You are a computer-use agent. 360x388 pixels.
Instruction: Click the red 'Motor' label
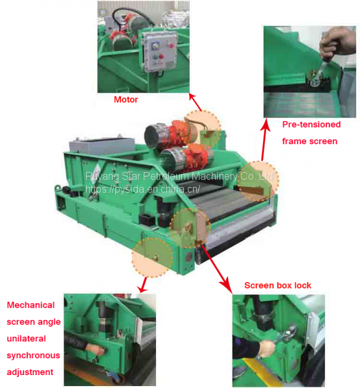(x=126, y=100)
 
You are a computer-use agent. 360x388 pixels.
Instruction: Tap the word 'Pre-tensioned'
(x=311, y=124)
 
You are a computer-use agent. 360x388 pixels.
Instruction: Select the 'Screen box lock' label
(x=278, y=285)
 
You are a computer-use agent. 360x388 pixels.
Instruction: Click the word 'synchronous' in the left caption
(x=33, y=355)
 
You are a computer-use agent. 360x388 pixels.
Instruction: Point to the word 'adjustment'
(x=30, y=372)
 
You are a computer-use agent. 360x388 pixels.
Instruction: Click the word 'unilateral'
(x=27, y=338)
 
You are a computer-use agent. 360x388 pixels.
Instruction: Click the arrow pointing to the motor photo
(x=196, y=102)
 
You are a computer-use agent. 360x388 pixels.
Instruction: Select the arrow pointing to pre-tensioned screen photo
(x=265, y=139)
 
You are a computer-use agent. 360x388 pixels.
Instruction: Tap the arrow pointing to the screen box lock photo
(x=217, y=269)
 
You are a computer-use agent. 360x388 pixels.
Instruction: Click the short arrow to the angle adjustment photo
(x=143, y=285)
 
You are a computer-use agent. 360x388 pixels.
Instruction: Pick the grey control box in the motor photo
(x=159, y=52)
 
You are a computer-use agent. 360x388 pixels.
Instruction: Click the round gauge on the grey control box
(x=156, y=45)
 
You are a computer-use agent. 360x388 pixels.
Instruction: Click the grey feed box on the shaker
(x=102, y=146)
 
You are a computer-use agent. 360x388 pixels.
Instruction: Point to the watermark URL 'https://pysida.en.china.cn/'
(x=142, y=189)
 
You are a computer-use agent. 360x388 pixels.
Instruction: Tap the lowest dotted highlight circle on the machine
(x=152, y=257)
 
